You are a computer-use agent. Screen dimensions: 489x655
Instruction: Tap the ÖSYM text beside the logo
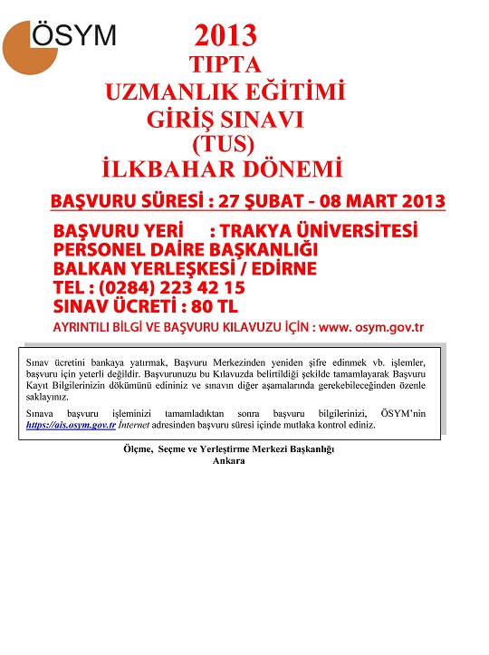[x=75, y=35]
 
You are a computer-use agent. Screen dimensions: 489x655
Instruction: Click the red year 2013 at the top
[x=225, y=37]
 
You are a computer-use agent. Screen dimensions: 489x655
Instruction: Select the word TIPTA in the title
[x=225, y=65]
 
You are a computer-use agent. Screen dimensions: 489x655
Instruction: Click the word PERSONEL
[x=102, y=249]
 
